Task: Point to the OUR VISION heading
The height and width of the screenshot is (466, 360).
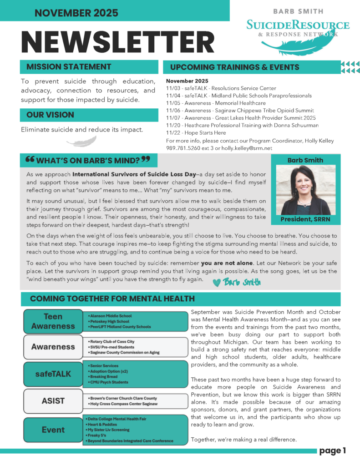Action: pos(50,115)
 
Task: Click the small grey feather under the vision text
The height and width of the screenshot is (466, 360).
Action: pos(81,142)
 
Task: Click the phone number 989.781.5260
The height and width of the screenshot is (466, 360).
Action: pos(185,148)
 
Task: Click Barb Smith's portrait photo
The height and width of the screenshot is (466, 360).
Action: pos(303,190)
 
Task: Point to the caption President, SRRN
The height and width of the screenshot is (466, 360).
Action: pos(303,220)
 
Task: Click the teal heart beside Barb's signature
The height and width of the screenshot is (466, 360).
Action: pos(216,282)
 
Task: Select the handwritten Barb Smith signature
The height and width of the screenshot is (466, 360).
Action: pos(242,282)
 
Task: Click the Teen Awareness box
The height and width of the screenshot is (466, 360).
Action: pos(53,321)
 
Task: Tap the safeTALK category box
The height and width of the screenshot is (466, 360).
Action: pos(53,374)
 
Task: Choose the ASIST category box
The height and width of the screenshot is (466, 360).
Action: pos(53,401)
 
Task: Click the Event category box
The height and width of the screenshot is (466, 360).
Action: pos(53,430)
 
